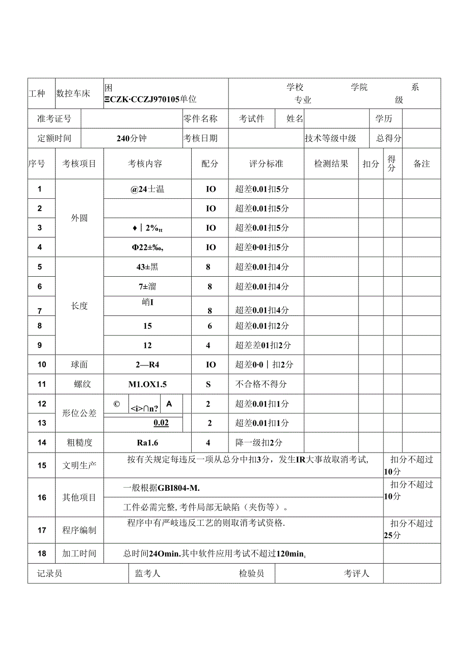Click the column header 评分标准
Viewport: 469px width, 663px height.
click(x=266, y=164)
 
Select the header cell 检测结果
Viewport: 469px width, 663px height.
click(x=331, y=164)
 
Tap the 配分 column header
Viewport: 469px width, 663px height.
click(x=210, y=164)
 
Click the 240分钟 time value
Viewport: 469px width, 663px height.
click(x=132, y=138)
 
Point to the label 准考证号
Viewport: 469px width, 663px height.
click(x=55, y=119)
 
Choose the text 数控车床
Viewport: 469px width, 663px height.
click(x=73, y=93)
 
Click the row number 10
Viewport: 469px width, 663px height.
click(x=42, y=364)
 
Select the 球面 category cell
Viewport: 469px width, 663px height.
click(x=80, y=364)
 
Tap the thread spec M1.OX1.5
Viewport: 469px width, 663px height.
click(x=147, y=384)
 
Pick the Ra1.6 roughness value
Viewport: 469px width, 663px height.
click(x=147, y=443)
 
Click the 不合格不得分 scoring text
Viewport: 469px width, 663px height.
click(x=261, y=384)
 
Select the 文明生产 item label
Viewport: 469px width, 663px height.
click(x=80, y=465)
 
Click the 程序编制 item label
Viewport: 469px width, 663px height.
click(x=80, y=530)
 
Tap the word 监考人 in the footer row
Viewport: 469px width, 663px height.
click(x=148, y=574)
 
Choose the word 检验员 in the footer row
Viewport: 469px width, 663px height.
click(x=252, y=574)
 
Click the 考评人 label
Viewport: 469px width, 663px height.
click(x=356, y=574)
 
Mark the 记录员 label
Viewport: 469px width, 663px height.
click(x=50, y=574)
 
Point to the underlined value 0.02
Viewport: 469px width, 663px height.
click(x=161, y=423)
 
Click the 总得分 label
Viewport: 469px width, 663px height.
click(x=389, y=138)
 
